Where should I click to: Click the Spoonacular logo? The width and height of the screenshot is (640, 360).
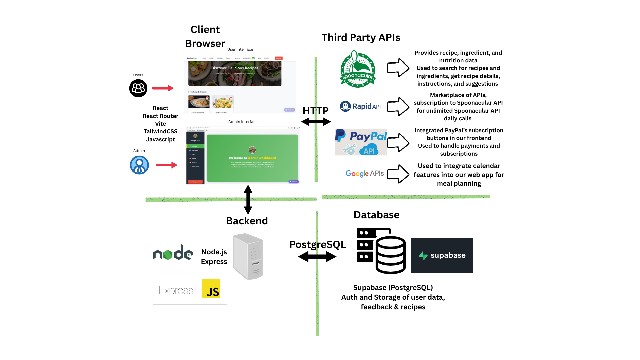[358, 69]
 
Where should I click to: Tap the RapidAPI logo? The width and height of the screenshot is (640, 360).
[360, 106]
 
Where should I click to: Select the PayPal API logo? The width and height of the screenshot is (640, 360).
[361, 142]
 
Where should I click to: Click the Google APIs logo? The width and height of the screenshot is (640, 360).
[365, 173]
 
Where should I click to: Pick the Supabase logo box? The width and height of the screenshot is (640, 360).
[442, 256]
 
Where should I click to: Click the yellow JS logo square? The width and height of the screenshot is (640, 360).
[211, 288]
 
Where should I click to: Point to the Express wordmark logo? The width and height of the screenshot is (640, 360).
[176, 290]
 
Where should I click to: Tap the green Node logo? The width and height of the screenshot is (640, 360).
[173, 253]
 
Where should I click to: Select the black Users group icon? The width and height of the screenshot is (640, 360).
[138, 88]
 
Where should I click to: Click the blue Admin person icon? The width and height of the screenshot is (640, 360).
[139, 165]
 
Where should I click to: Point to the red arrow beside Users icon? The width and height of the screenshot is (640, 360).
[163, 88]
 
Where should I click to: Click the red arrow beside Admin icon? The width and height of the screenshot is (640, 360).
[166, 165]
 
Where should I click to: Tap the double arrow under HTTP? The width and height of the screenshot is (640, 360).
[316, 122]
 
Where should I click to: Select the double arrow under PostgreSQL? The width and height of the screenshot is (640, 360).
[317, 257]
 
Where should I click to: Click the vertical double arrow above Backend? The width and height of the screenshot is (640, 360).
[248, 199]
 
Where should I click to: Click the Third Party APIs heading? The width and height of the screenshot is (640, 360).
[361, 38]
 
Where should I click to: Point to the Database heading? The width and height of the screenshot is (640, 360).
[376, 215]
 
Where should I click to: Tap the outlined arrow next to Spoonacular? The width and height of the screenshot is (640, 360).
[398, 68]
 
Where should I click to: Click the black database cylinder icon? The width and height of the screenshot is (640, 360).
[390, 255]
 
